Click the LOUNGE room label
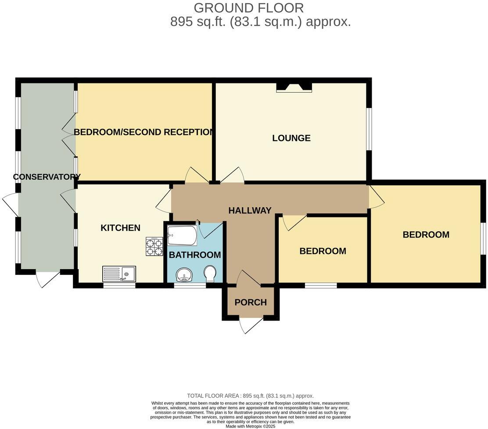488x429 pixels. point(291,138)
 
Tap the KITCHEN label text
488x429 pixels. point(120,228)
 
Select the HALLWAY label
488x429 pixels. point(250,211)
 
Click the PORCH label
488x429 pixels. point(251,302)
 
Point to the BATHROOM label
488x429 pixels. point(195,255)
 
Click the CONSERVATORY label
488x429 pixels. point(47,177)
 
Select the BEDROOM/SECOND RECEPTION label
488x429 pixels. point(144,132)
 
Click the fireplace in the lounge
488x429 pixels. point(294,88)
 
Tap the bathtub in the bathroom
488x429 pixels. point(182,236)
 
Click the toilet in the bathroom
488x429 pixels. point(210,273)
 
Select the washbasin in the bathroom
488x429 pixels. point(184,275)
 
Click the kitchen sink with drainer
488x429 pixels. point(119,274)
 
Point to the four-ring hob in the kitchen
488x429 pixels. point(154,247)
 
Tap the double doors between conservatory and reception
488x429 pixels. point(69,132)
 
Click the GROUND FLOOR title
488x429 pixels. point(248,8)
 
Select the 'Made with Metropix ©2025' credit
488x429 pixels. point(251,426)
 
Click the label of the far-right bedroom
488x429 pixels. point(426,234)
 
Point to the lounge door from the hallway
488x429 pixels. point(233,175)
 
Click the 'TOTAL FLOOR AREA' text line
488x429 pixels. point(250,396)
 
